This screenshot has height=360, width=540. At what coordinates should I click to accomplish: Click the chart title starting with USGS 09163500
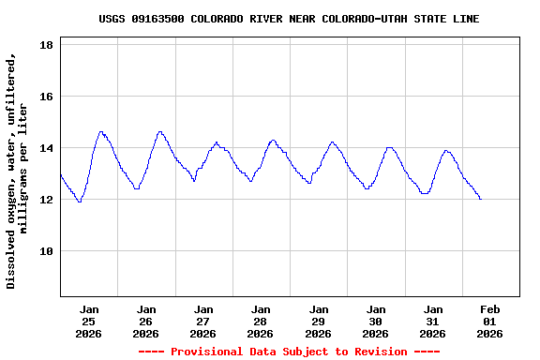coord(289,19)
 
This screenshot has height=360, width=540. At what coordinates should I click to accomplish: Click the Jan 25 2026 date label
coord(89,321)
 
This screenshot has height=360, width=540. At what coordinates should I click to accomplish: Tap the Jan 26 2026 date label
coord(146,321)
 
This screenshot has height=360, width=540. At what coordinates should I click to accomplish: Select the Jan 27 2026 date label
coord(203,321)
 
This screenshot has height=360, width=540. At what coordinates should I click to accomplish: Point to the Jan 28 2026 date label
coord(261,321)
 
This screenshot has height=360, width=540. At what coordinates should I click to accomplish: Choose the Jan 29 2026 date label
coord(319,321)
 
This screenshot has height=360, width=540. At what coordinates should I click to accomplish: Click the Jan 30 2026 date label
coord(376,321)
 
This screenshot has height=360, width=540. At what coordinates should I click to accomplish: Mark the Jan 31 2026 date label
coord(433,321)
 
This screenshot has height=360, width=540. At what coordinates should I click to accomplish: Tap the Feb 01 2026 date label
coord(490,321)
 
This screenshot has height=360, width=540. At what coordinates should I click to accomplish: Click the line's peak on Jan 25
coord(101,132)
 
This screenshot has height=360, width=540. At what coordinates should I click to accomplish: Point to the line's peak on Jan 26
coord(160,132)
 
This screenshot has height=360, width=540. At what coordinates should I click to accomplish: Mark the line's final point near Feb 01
coord(481,199)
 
